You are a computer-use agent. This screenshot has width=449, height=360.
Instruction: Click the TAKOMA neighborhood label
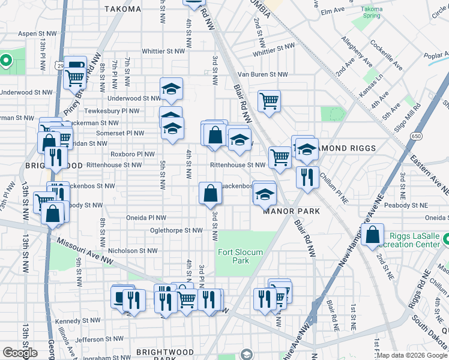[122, 9]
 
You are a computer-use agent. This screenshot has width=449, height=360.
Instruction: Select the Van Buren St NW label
[263, 74]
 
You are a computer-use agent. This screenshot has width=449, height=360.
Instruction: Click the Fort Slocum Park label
[240, 256]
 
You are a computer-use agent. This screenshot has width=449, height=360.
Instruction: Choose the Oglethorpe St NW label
[176, 230]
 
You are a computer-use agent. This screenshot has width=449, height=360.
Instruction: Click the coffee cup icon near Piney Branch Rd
[76, 66]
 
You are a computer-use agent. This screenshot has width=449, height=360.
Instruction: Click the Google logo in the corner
[20, 353]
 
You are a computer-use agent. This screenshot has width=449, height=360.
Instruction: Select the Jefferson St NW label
[99, 339]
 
